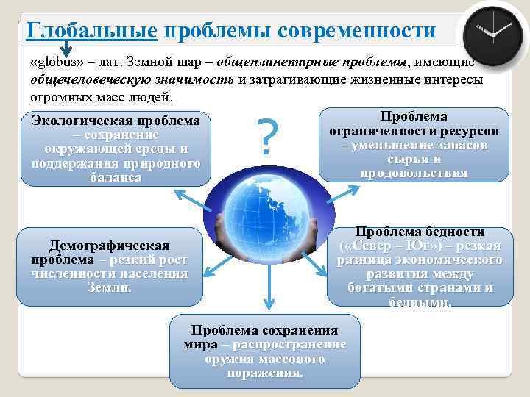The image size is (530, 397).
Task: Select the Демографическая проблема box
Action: [109, 266]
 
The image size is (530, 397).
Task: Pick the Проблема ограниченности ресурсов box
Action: [413, 144]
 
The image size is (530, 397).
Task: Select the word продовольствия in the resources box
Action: [414, 173]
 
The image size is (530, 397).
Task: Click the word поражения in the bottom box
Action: [265, 372]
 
